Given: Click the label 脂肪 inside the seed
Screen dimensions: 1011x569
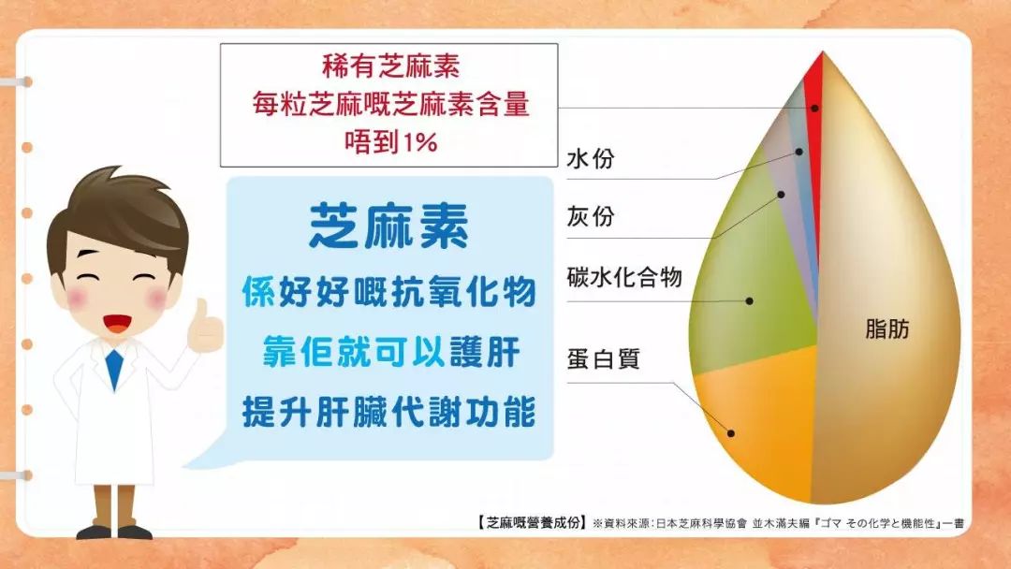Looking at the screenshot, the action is tap(887, 329).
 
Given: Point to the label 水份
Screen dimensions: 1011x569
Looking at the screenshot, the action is tap(591, 158).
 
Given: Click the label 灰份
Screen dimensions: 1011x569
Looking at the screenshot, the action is tap(591, 216).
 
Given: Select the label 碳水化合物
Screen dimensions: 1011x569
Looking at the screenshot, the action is tap(624, 278).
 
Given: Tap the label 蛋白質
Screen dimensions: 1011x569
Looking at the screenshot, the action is tap(603, 359).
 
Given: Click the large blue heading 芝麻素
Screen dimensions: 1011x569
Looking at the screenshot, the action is tap(388, 226).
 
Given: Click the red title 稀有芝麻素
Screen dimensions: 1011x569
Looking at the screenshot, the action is tap(390, 66).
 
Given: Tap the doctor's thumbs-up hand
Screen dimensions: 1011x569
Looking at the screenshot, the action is tap(205, 328).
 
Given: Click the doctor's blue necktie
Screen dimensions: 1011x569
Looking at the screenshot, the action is tap(114, 370).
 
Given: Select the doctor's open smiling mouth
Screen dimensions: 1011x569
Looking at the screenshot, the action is tap(117, 323).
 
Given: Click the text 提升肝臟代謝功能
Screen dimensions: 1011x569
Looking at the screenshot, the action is tap(388, 413).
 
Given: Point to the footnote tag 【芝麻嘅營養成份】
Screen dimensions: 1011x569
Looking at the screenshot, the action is tap(532, 522).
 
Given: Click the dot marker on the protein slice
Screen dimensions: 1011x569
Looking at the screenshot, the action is tap(730, 433).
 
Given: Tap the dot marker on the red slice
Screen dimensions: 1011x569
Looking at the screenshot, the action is tap(815, 109).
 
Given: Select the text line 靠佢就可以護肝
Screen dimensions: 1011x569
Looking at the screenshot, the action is tap(390, 353).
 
